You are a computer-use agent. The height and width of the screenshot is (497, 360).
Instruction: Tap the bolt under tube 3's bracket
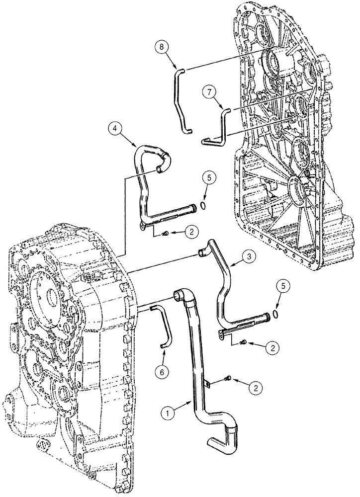[x=243, y=342]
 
